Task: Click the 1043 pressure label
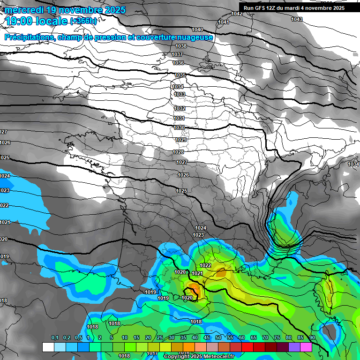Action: tap(296, 19)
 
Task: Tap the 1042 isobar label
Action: tap(237, 14)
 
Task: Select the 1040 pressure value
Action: tap(197, 30)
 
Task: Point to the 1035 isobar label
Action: tap(180, 75)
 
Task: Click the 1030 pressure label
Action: tap(179, 127)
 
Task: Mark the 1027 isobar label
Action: tap(182, 162)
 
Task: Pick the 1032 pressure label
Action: tap(180, 108)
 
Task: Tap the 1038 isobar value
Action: tap(181, 46)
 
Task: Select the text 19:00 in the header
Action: tap(18, 21)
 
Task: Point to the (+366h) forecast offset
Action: tap(83, 21)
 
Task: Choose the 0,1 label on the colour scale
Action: tap(54, 337)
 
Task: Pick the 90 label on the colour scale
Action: tap(312, 337)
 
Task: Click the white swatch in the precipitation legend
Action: tap(48, 347)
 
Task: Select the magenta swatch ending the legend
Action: tap(306, 347)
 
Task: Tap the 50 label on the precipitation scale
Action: tap(218, 337)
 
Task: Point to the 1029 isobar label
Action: tap(181, 140)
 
